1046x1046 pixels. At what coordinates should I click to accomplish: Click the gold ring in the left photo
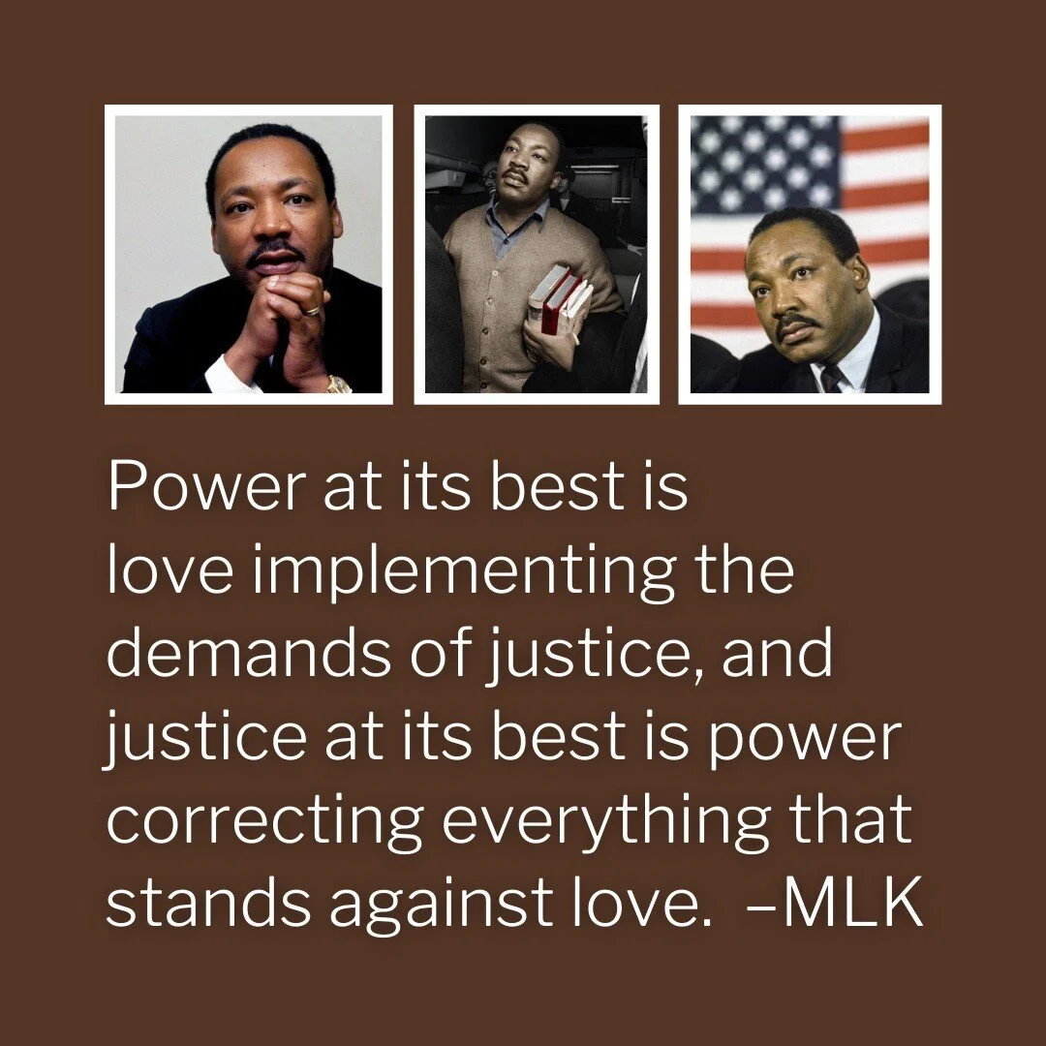(x=311, y=311)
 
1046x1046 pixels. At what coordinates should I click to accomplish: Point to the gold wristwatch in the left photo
(x=338, y=385)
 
